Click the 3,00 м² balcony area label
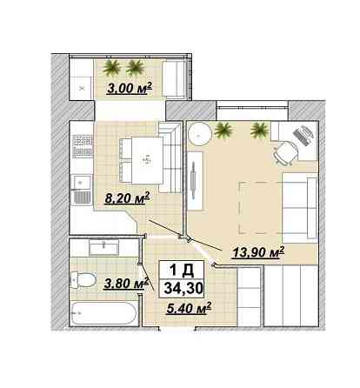(x=130, y=88)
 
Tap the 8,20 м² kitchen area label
(x=127, y=198)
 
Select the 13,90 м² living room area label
(x=258, y=251)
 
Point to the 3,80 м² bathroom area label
(x=126, y=284)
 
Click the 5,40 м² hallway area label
(x=189, y=308)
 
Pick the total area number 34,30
(x=183, y=288)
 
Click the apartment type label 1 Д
(x=182, y=271)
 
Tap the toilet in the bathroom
(x=83, y=280)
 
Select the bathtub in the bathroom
(x=103, y=313)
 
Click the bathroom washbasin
(x=103, y=249)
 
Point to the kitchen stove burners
(x=83, y=146)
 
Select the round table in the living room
(x=199, y=134)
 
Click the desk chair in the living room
(x=285, y=153)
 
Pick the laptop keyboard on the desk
(x=303, y=135)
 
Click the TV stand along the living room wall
(x=195, y=180)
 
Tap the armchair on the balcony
(x=174, y=79)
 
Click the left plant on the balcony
(x=112, y=69)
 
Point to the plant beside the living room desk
(x=259, y=130)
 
